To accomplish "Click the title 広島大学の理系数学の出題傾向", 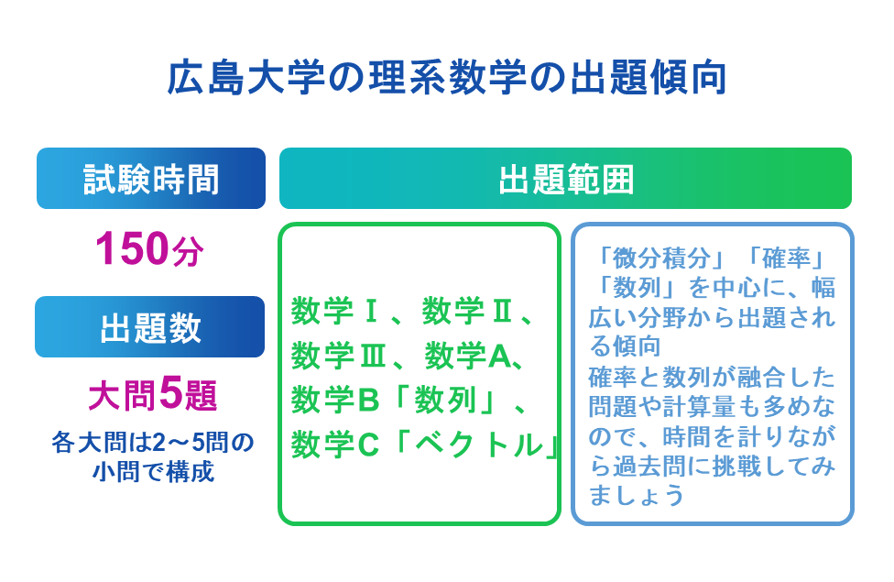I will click(x=446, y=80).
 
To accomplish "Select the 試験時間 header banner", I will click(x=151, y=179).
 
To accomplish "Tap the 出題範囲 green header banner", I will click(x=565, y=179).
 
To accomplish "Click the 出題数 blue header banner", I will click(x=151, y=327).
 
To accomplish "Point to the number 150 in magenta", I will click(x=133, y=249).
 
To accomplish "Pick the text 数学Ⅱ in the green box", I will click(x=467, y=313).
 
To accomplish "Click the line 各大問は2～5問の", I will click(x=152, y=444).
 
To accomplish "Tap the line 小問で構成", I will click(x=152, y=472).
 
